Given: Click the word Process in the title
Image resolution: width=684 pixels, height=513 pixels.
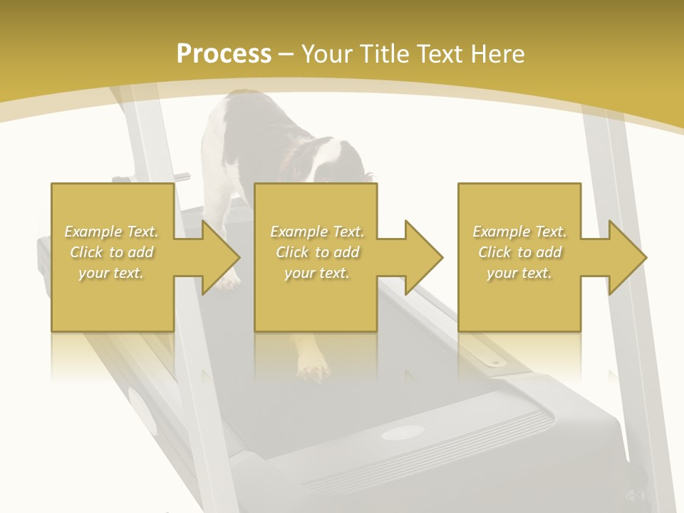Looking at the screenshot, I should click(x=224, y=54).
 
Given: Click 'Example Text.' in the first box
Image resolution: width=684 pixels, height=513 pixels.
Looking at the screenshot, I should click(x=112, y=232).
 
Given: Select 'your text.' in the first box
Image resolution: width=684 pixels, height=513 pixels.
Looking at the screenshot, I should click(x=112, y=273).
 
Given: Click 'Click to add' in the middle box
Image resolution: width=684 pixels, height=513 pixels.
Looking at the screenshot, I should click(x=317, y=252).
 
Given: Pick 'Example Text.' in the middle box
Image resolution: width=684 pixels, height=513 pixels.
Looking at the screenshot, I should click(x=317, y=232).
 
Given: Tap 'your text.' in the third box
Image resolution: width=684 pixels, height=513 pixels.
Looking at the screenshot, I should click(x=519, y=273).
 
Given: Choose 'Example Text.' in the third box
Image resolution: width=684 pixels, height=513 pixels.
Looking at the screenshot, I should click(x=519, y=232).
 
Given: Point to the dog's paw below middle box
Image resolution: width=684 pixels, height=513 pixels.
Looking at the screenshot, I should click(x=313, y=370).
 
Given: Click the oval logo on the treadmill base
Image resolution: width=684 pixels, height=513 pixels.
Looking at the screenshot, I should click(x=403, y=432).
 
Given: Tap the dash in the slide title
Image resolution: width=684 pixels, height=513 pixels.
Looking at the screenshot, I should click(x=286, y=54).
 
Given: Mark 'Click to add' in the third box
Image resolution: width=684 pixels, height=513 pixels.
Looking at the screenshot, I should click(x=519, y=252).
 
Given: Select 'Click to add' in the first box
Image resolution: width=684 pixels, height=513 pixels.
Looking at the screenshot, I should click(x=112, y=252).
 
